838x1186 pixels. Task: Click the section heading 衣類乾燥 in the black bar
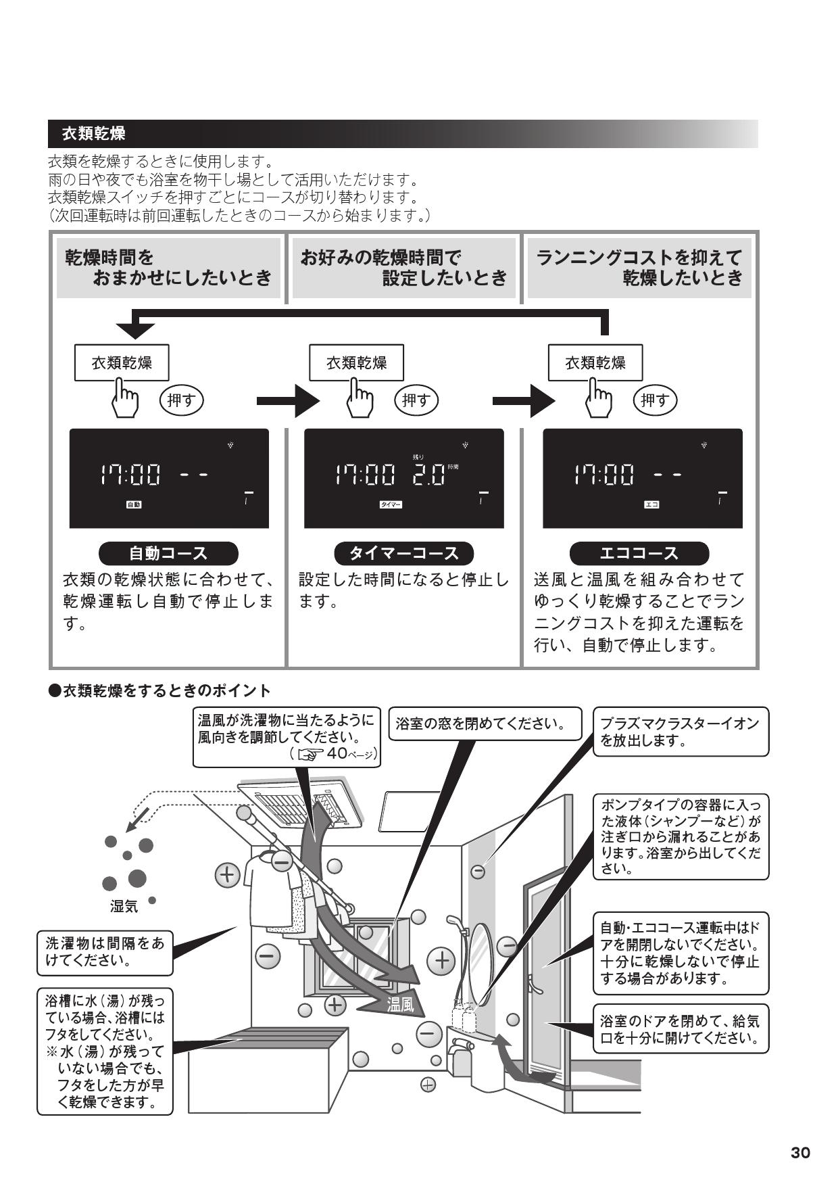pyautogui.click(x=93, y=133)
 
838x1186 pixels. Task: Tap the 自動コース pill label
pyautogui.click(x=168, y=553)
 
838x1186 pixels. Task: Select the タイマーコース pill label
pyautogui.click(x=403, y=553)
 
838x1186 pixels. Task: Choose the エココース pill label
pyautogui.click(x=639, y=553)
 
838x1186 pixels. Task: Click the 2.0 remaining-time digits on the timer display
pyautogui.click(x=429, y=475)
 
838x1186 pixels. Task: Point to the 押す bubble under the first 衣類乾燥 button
pyautogui.click(x=181, y=400)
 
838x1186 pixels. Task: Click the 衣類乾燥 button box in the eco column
pyautogui.click(x=595, y=362)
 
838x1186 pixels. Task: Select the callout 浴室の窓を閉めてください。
pyautogui.click(x=485, y=724)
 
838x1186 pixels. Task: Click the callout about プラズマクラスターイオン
pyautogui.click(x=680, y=732)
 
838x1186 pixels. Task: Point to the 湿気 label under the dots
pyautogui.click(x=124, y=907)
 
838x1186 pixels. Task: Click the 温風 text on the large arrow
pyautogui.click(x=399, y=1005)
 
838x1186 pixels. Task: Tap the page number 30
pyautogui.click(x=800, y=1153)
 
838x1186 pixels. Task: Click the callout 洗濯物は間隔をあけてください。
pyautogui.click(x=105, y=951)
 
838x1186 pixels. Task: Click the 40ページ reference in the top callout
pyautogui.click(x=351, y=753)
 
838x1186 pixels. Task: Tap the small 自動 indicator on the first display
pyautogui.click(x=134, y=504)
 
